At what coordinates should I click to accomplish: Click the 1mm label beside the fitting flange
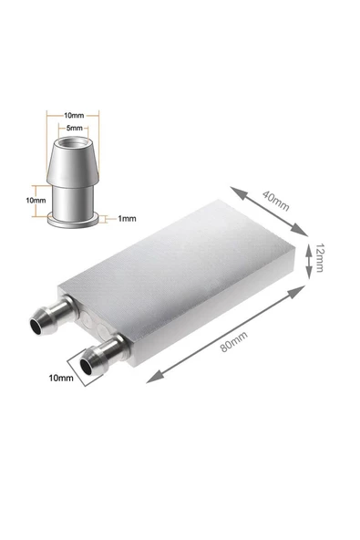tap(127, 218)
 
